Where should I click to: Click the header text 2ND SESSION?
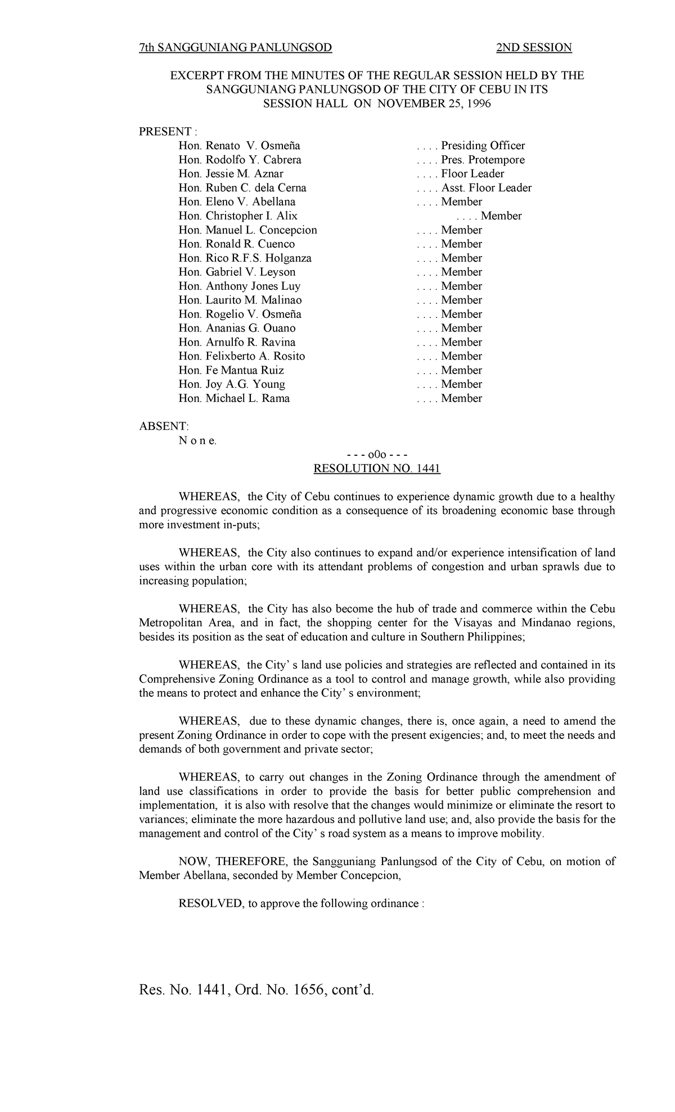click(x=533, y=47)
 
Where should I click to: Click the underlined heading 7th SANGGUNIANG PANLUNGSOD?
click(x=235, y=47)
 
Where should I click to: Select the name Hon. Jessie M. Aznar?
click(x=231, y=174)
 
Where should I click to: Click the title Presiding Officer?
click(x=483, y=146)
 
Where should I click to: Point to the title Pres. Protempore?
click(x=483, y=160)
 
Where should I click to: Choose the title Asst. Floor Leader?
click(x=486, y=188)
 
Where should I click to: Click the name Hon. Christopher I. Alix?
click(x=238, y=216)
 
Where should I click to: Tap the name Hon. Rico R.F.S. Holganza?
click(x=245, y=258)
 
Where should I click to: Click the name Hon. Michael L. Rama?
click(x=234, y=398)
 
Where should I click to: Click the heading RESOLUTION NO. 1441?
click(x=376, y=468)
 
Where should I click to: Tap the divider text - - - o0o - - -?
click(x=376, y=455)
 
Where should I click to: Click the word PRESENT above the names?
click(x=165, y=132)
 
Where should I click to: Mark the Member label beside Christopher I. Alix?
click(x=501, y=216)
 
